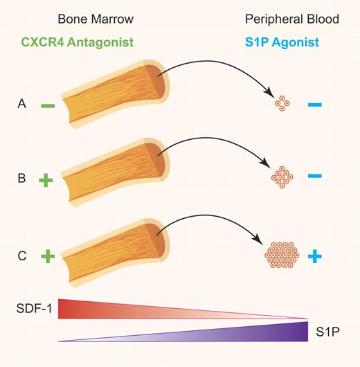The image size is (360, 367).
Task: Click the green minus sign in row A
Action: click(48, 106)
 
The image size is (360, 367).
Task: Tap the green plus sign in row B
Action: click(47, 181)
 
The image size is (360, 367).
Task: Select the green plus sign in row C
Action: click(47, 257)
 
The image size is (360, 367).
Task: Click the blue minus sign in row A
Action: click(314, 105)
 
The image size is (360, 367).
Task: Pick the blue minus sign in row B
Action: click(314, 177)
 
